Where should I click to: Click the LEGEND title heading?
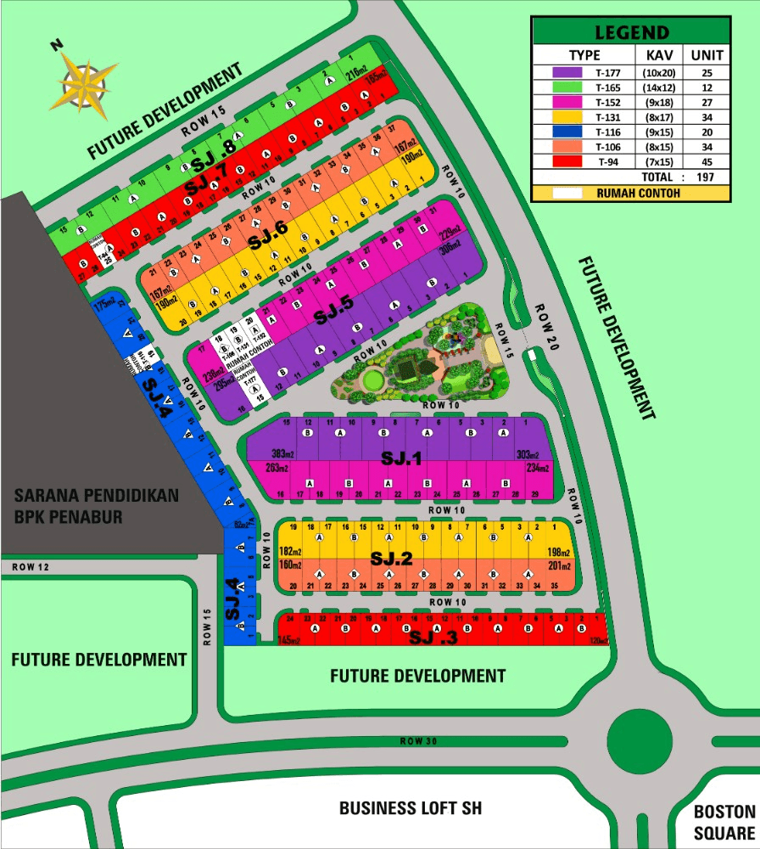tap(631, 33)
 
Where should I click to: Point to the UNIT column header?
tap(707, 55)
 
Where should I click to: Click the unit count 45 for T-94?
tap(707, 162)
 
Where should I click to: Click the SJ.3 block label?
tap(433, 637)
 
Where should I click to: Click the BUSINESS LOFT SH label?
tap(411, 807)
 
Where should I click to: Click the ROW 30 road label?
tap(418, 742)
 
